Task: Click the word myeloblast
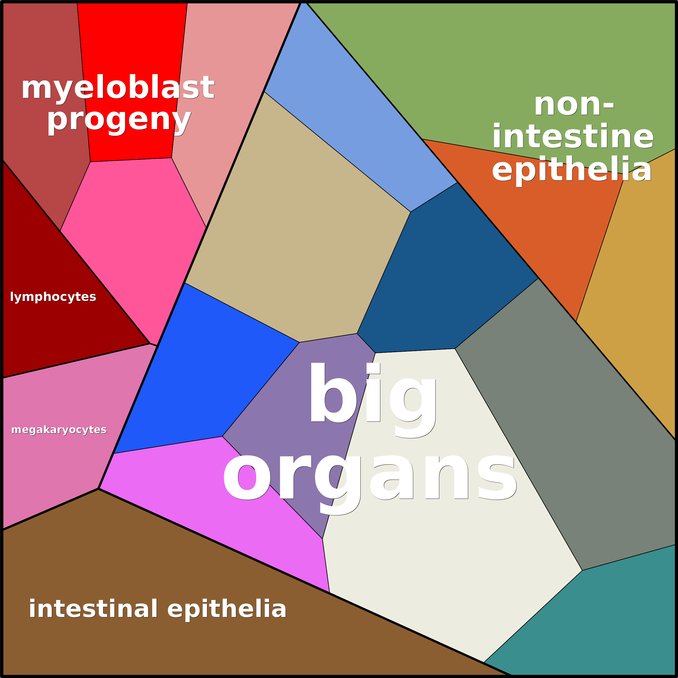pyautogui.click(x=118, y=88)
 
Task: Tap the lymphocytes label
pyautogui.click(x=53, y=297)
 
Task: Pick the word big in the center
pyautogui.click(x=372, y=396)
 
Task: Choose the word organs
pyautogui.click(x=370, y=479)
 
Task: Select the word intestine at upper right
pyautogui.click(x=573, y=137)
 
